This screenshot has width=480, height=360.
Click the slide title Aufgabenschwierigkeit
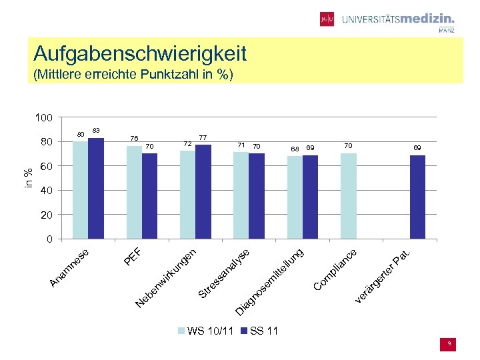coord(140,53)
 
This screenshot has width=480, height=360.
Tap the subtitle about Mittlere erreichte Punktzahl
coord(133,74)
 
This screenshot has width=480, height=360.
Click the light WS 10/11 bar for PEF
coord(134,193)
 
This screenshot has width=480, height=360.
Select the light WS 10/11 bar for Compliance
coord(349,196)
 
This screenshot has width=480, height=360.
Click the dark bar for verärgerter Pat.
coord(417,197)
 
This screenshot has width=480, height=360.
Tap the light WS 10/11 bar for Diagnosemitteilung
coord(295,197)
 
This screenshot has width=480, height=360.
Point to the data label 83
coord(96,130)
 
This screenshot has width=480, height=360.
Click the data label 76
coord(134,139)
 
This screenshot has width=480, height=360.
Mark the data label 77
coord(203,137)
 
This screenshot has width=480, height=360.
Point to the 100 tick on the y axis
coord(44,118)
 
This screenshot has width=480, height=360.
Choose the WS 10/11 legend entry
coord(205,331)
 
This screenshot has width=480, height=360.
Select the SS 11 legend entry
coord(259,331)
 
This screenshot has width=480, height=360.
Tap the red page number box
coord(449,343)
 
